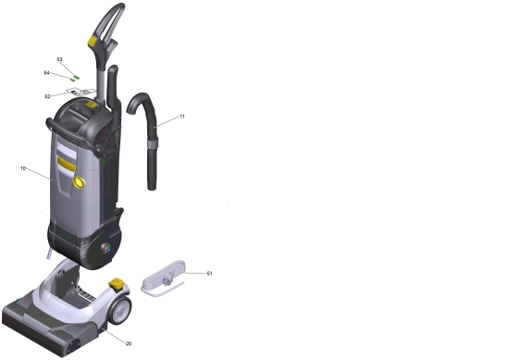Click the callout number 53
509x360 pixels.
coord(59,59)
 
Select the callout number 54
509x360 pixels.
coord(47,73)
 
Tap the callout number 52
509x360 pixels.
coord(47,96)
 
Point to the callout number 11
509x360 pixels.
coord(182,117)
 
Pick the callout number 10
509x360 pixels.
coord(23,168)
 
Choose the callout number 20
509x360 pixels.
coord(129,343)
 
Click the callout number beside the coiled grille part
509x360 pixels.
coord(210,274)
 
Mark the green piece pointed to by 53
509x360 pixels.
coord(77,77)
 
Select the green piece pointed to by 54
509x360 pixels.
coord(73,80)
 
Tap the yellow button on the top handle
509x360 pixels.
coord(93,41)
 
